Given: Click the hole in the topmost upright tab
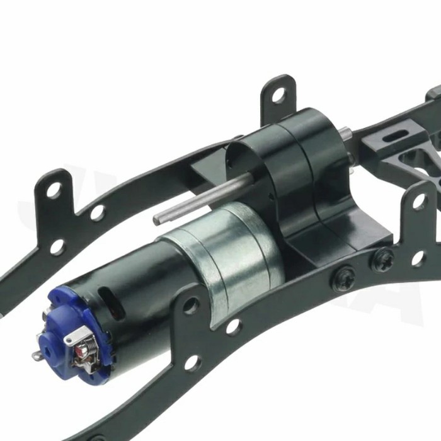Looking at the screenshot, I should (278, 95).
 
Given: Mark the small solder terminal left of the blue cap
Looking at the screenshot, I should (37, 355).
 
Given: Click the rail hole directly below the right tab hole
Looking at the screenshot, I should (418, 258).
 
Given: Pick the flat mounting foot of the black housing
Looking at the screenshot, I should (328, 243).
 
